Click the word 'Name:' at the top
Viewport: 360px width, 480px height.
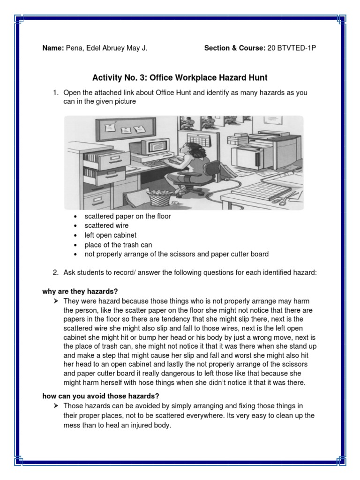(53, 48)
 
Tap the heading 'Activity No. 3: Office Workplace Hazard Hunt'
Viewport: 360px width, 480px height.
(180, 77)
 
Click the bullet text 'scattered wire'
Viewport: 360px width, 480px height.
(106, 225)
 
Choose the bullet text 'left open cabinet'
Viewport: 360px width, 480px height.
(110, 235)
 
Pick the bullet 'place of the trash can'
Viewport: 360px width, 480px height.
(118, 245)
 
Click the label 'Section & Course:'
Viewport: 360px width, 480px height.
(234, 48)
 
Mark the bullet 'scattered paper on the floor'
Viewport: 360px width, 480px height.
(127, 216)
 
